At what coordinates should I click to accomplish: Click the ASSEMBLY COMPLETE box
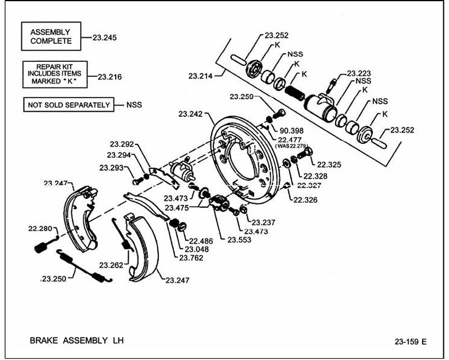click(x=51, y=37)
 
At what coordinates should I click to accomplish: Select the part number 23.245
click(x=104, y=38)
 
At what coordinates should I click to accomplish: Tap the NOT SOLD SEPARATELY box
click(x=68, y=104)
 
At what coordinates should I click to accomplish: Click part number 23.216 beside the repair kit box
click(x=109, y=77)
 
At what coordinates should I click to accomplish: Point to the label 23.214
click(x=200, y=76)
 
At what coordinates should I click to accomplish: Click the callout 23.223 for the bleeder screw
click(x=359, y=74)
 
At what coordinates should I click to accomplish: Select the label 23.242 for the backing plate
click(x=190, y=114)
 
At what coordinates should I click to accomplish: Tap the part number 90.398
click(x=291, y=131)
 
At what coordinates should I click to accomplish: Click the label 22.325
click(x=329, y=165)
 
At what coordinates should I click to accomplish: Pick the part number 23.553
click(x=239, y=240)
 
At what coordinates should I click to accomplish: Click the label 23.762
click(x=191, y=258)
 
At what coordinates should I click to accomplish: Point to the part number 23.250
click(x=54, y=279)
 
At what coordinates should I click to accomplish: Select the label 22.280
click(x=40, y=229)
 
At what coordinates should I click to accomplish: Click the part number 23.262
click(x=111, y=265)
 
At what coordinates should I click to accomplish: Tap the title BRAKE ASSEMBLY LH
click(x=77, y=340)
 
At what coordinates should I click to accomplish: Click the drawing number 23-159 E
click(x=410, y=341)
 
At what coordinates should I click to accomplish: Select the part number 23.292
click(x=122, y=144)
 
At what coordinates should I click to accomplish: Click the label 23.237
click(x=263, y=222)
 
